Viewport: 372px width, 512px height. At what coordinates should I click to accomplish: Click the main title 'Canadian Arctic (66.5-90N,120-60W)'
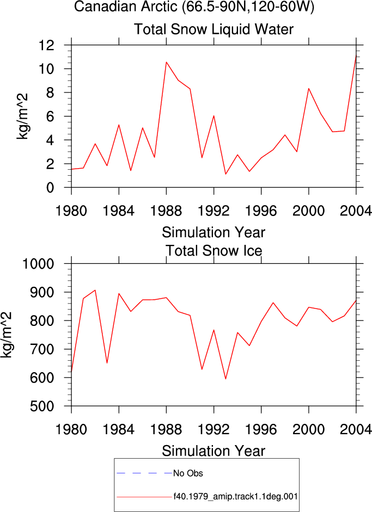click(194, 7)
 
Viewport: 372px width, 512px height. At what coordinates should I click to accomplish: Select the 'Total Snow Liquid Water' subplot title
click(214, 29)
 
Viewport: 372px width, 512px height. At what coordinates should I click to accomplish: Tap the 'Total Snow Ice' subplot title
click(214, 251)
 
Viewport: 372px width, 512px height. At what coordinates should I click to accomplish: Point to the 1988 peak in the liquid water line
click(166, 61)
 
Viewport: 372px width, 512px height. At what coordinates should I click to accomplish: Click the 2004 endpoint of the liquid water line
click(356, 56)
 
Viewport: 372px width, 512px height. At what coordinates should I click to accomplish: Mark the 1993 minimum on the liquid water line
click(225, 174)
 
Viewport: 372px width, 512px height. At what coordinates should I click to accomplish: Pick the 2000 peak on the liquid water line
click(309, 88)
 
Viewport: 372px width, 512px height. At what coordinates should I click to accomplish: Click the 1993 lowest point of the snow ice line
click(225, 379)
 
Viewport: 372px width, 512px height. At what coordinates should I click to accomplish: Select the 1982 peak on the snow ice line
click(95, 290)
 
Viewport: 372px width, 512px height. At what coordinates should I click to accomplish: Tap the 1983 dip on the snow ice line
click(107, 363)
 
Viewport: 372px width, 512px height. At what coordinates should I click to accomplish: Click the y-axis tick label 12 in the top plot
click(46, 45)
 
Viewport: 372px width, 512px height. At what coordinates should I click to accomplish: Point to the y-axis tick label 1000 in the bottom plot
click(38, 263)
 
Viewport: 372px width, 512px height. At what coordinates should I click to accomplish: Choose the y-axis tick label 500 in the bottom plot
click(42, 406)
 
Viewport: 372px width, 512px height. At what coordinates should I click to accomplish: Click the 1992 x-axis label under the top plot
click(214, 211)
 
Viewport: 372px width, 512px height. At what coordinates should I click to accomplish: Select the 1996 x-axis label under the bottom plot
click(261, 429)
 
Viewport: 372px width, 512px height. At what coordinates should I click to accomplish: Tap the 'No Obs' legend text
click(188, 473)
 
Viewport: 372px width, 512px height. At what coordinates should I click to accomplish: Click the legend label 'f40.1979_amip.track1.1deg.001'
click(236, 497)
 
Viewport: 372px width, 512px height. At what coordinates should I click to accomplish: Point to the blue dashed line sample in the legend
click(144, 473)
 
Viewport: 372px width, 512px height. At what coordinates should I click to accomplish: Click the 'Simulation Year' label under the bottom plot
click(214, 451)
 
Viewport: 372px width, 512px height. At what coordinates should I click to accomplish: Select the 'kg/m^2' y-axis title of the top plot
click(23, 116)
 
